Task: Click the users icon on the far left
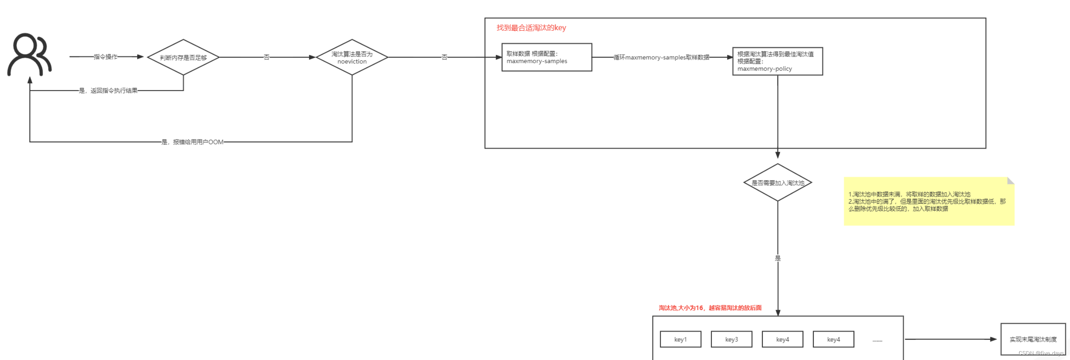[x=29, y=54]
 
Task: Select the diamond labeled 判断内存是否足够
[x=183, y=57]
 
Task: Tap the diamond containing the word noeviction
[x=352, y=57]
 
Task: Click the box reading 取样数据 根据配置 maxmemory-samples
[x=546, y=57]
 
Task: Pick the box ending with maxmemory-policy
[x=777, y=61]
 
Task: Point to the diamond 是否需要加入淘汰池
[x=777, y=183]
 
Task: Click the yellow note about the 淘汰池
[x=928, y=201]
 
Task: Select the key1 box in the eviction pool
[x=680, y=339]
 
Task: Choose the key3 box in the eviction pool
[x=731, y=339]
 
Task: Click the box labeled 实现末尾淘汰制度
[x=1033, y=339]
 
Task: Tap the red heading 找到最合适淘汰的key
[x=531, y=28]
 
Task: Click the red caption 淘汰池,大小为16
[x=710, y=307]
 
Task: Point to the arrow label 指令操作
[x=105, y=56]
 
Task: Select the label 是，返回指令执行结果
[x=108, y=91]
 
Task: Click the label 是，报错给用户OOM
[x=192, y=142]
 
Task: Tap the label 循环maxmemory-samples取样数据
[x=661, y=57]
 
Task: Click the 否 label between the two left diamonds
[x=267, y=57]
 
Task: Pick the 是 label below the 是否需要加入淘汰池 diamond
[x=778, y=258]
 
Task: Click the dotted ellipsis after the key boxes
[x=877, y=340]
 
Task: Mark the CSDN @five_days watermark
[x=1041, y=353]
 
